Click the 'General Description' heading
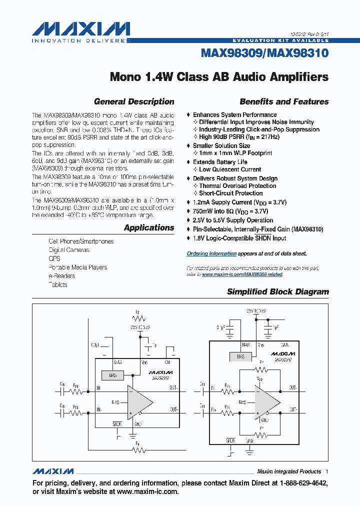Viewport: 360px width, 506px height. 134,101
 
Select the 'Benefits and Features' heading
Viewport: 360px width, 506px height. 284,101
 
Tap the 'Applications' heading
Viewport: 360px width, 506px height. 149,227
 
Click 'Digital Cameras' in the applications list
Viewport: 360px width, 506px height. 69,250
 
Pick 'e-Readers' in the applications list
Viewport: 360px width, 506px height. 61,276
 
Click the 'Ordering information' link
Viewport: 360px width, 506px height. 211,253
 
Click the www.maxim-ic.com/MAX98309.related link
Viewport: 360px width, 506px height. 242,274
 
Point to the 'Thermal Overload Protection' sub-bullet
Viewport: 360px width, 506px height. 237,186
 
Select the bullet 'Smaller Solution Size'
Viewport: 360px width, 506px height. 221,146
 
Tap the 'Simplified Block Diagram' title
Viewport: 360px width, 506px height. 278,291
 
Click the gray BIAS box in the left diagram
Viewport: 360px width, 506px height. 112,375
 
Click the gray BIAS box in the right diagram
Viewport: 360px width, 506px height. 240,356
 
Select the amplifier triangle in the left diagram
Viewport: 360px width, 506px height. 140,401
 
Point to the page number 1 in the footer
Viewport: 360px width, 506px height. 326,471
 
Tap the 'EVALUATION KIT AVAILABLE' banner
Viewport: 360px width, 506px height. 280,40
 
